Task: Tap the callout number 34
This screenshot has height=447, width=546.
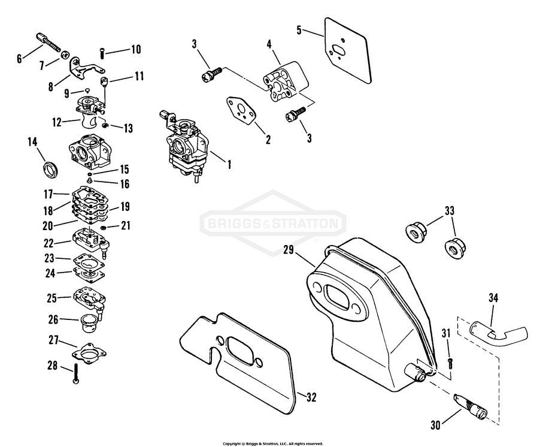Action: [x=493, y=298]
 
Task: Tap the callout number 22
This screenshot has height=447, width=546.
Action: [x=48, y=243]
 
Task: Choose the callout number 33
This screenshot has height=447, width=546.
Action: [x=449, y=210]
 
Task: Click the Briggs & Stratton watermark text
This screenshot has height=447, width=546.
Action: [x=272, y=225]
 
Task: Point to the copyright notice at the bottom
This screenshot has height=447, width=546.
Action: [x=273, y=443]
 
